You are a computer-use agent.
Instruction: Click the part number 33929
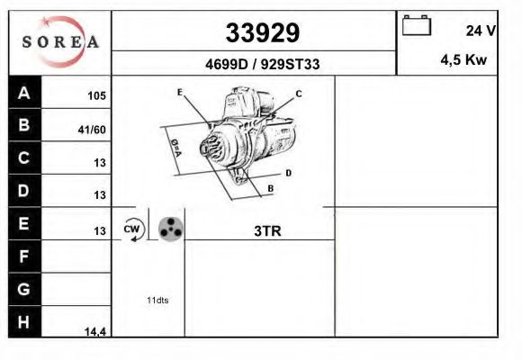tap(262, 33)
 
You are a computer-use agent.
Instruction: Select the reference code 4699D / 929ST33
tap(261, 65)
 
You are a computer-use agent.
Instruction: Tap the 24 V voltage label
tap(481, 31)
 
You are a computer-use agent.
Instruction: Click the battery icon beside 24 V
tap(417, 25)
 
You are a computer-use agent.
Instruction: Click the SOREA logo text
tap(60, 41)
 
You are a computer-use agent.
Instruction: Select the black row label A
tap(24, 93)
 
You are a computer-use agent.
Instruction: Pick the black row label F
tap(24, 256)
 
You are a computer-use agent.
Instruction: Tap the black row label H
tap(24, 321)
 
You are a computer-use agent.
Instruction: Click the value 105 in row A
tap(95, 95)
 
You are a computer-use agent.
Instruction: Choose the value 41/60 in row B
tap(93, 130)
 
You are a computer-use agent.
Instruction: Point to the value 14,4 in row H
tap(95, 332)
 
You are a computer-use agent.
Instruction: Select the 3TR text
tap(267, 230)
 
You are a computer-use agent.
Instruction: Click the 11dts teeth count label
tap(157, 300)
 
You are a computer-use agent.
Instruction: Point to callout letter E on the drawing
tap(180, 93)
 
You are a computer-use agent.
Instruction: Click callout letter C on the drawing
tap(299, 94)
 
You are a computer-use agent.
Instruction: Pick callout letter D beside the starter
tap(287, 172)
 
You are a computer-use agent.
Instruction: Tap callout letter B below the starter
tap(269, 188)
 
